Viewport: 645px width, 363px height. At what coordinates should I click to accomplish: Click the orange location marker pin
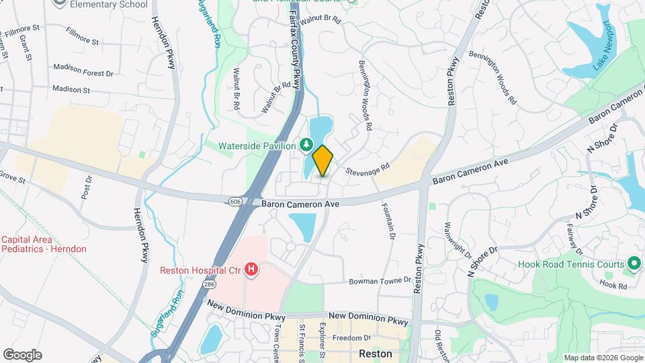(322, 160)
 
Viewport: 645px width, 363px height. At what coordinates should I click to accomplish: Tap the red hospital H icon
(251, 270)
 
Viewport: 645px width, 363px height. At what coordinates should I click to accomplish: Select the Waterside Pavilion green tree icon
(306, 145)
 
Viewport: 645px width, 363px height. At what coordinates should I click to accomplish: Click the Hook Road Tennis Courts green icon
(633, 264)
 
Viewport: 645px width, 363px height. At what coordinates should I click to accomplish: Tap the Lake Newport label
(603, 46)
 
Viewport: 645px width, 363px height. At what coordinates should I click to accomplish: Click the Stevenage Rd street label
(368, 168)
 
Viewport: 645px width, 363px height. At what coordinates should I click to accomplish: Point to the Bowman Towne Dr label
(380, 280)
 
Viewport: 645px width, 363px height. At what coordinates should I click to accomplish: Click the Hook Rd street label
(613, 286)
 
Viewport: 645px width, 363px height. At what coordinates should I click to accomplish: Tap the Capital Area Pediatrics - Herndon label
(44, 244)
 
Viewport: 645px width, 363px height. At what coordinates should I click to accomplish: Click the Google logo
(22, 354)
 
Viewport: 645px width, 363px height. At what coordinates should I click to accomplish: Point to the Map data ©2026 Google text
(602, 358)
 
